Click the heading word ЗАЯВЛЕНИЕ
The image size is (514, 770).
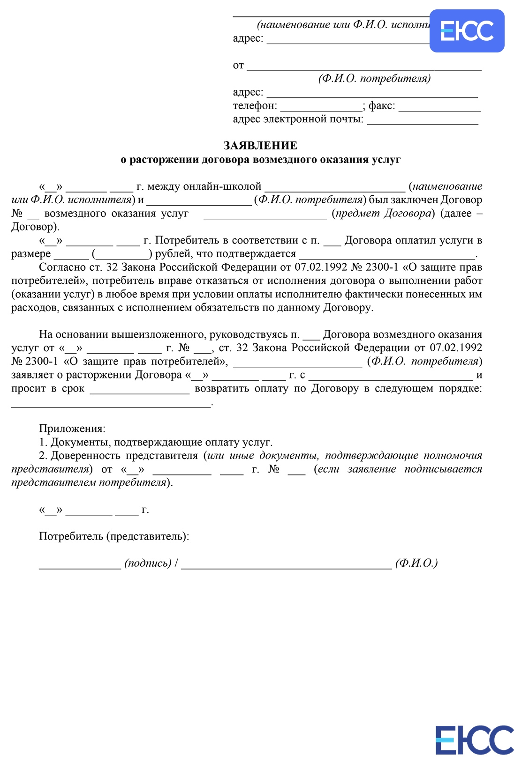pos(260,146)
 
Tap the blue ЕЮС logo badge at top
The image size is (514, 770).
pos(467,31)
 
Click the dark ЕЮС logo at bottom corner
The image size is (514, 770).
pos(474,740)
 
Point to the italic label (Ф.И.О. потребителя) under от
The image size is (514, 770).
pos(374,79)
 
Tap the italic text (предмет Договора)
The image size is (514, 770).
pos(383,214)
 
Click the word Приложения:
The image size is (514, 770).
pos(72,429)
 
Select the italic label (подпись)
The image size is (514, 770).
pos(148,563)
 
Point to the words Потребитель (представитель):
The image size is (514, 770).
pos(114,536)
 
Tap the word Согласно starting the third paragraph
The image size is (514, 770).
pos(62,267)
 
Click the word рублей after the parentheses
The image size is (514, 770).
pos(172,254)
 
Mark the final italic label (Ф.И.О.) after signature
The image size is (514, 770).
pos(416,563)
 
